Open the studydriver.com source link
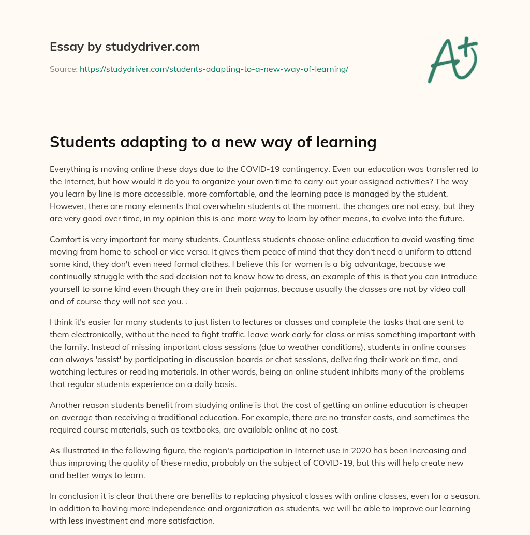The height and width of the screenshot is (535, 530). pyautogui.click(x=214, y=69)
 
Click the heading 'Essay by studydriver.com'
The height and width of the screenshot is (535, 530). pyautogui.click(x=124, y=47)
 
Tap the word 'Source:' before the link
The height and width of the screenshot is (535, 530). pyautogui.click(x=63, y=69)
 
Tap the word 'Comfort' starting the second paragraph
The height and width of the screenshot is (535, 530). pyautogui.click(x=65, y=240)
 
